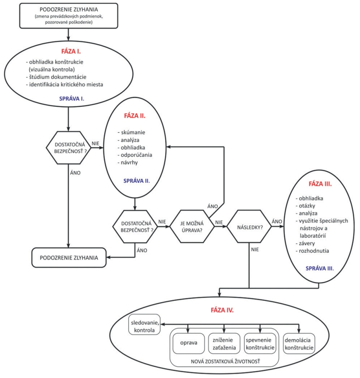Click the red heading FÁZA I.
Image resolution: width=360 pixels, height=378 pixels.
click(x=71, y=51)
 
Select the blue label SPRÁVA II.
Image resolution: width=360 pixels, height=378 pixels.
click(x=136, y=181)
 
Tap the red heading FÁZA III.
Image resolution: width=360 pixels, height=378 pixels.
click(x=320, y=184)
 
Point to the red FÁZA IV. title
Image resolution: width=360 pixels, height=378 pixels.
click(x=222, y=310)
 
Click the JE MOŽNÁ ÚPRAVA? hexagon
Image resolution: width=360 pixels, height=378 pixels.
click(x=192, y=227)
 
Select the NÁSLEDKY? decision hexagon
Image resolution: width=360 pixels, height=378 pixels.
click(x=249, y=227)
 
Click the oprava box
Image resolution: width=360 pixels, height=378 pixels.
click(x=189, y=343)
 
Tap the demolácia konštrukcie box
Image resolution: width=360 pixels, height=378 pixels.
click(x=299, y=343)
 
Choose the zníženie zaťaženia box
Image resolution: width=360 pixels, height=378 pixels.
click(x=224, y=343)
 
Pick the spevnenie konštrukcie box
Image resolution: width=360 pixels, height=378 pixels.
click(x=260, y=343)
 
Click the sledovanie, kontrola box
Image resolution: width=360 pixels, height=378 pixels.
click(x=144, y=324)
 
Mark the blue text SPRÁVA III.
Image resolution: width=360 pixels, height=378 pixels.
click(x=320, y=269)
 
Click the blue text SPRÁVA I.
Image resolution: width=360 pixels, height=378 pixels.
click(x=72, y=99)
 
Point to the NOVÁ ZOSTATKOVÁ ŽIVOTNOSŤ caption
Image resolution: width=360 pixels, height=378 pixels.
click(x=225, y=361)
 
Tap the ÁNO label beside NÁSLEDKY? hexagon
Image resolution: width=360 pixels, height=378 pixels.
click(x=277, y=221)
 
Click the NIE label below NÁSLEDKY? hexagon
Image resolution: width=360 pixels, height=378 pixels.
click(x=255, y=250)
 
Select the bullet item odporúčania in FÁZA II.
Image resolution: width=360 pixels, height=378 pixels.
click(x=135, y=155)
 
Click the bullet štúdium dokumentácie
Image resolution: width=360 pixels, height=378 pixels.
click(x=56, y=77)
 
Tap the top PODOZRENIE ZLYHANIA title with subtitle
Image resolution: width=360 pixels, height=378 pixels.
click(x=69, y=16)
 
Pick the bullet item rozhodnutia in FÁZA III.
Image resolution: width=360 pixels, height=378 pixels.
click(x=312, y=251)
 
